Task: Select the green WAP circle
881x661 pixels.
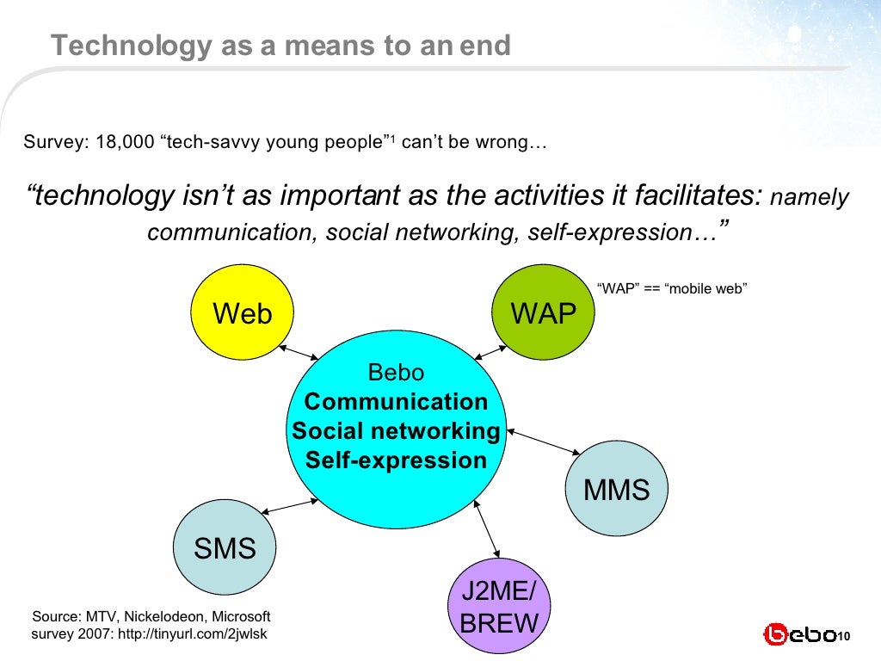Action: click(x=543, y=312)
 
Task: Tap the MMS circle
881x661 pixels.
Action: click(x=616, y=490)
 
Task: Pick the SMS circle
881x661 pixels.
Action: click(x=225, y=548)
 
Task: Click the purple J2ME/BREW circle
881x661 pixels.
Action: click(x=500, y=608)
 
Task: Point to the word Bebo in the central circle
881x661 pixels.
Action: click(x=396, y=373)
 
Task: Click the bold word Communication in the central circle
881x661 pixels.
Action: click(x=396, y=402)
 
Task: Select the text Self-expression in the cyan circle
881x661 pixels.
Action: click(x=396, y=460)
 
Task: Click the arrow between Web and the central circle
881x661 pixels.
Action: click(x=299, y=352)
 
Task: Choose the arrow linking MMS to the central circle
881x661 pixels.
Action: click(x=544, y=440)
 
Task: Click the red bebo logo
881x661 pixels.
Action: click(x=798, y=635)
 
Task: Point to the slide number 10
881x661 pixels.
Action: click(x=843, y=636)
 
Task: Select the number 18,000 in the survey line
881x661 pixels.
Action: click(x=119, y=142)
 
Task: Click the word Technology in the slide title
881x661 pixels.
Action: click(x=117, y=45)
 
